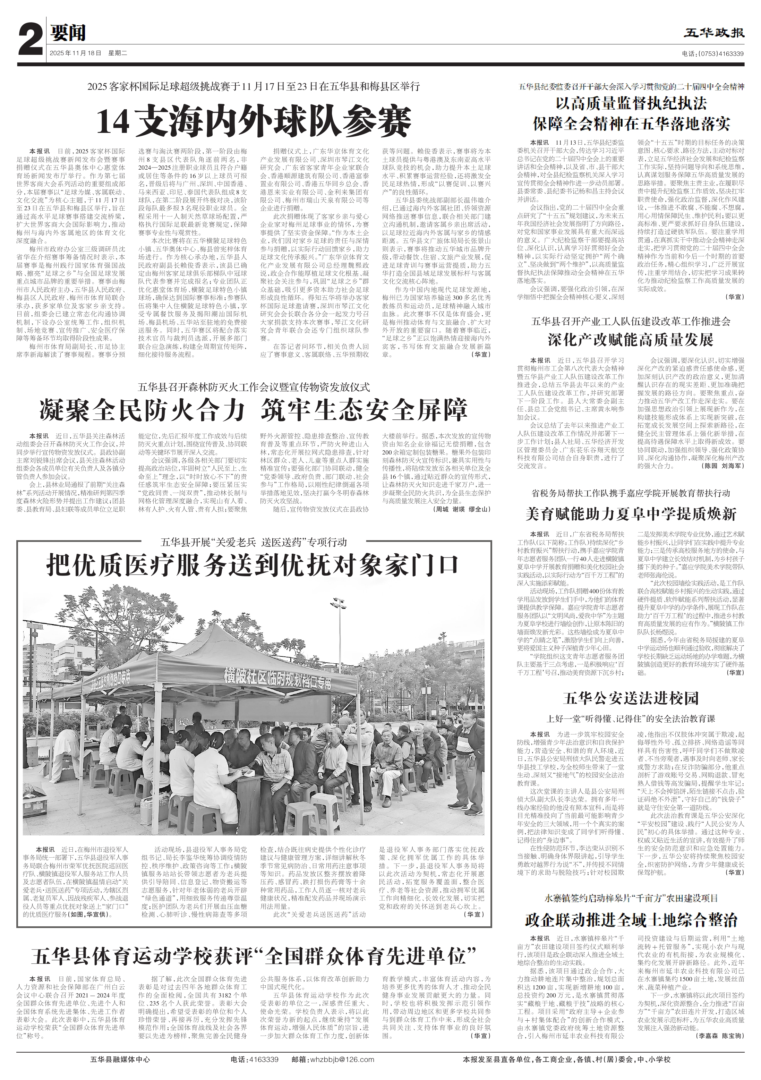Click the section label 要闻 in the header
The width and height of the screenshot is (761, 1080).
click(68, 33)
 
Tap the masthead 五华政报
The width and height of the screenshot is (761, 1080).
click(714, 33)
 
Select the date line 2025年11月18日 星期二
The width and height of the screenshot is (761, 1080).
click(88, 53)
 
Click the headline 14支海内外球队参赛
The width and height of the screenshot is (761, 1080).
click(254, 122)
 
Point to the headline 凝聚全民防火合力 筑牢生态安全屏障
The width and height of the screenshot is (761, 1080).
click(254, 410)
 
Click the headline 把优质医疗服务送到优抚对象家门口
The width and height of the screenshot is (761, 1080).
click(253, 565)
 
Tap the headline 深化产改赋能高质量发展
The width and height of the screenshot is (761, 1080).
click(630, 340)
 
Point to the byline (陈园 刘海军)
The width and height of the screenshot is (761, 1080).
click(724, 466)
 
